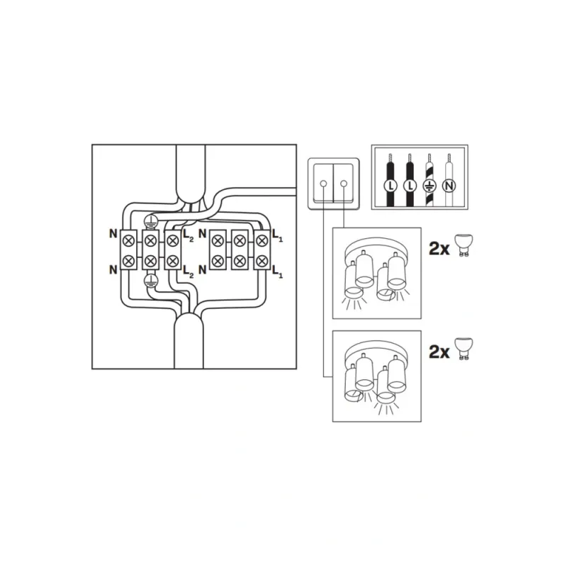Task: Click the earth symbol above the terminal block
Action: [150, 220]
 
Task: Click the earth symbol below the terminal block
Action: [150, 280]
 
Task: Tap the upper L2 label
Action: [188, 235]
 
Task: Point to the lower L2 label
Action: [188, 271]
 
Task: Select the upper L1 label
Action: [277, 235]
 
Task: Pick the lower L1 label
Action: [277, 271]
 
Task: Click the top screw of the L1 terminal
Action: [262, 240]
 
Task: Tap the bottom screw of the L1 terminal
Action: [262, 260]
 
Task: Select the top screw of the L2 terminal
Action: [172, 240]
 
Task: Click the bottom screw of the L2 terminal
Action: [172, 260]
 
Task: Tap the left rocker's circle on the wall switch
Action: [323, 184]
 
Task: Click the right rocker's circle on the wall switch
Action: [344, 184]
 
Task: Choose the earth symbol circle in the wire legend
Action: [430, 186]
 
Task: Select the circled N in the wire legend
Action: [449, 186]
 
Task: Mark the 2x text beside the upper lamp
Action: [439, 249]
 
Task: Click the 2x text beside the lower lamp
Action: [439, 352]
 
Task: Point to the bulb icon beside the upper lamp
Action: [464, 245]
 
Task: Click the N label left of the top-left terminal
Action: [113, 234]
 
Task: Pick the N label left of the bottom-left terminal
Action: [113, 269]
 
